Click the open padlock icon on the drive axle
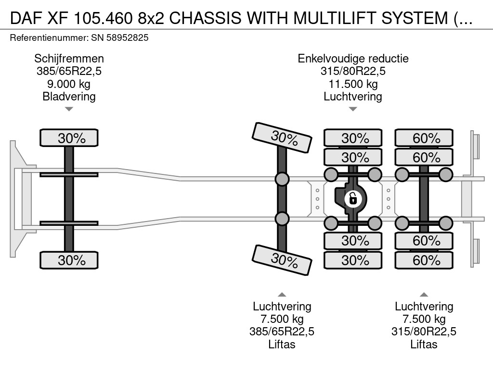pyautogui.click(x=353, y=198)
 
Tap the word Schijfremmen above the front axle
pyautogui.click(x=69, y=59)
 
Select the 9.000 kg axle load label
pyautogui.click(x=69, y=84)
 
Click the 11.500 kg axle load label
pyautogui.click(x=353, y=84)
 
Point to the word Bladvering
pyautogui.click(x=69, y=97)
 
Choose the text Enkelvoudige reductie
pyautogui.click(x=353, y=59)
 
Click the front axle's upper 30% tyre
pyautogui.click(x=69, y=138)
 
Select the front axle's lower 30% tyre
pyautogui.click(x=69, y=260)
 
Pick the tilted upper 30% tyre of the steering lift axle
pyautogui.click(x=282, y=138)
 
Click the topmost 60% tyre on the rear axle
pyautogui.click(x=424, y=138)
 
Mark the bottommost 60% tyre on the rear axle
pyautogui.click(x=424, y=260)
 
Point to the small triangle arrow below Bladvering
pyautogui.click(x=69, y=109)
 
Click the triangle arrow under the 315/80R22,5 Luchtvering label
pyautogui.click(x=424, y=295)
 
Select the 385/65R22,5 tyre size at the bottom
pyautogui.click(x=282, y=332)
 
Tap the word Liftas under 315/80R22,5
pyautogui.click(x=424, y=344)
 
